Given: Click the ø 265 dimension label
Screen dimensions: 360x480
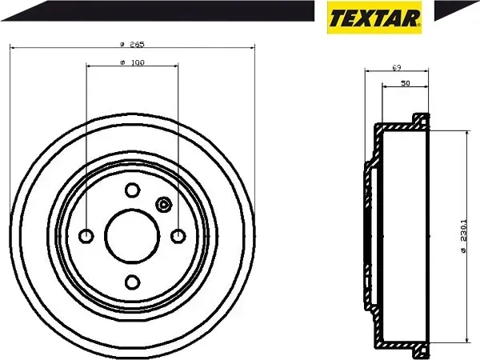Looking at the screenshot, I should click(132, 43).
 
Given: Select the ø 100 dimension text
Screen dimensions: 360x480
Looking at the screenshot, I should click(132, 62).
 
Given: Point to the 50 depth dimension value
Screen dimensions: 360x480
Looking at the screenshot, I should click(406, 83).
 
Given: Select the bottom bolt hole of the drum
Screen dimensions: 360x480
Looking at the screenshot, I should click(132, 280).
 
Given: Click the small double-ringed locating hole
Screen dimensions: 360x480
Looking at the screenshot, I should click(165, 205).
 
